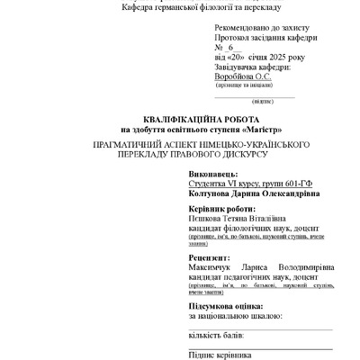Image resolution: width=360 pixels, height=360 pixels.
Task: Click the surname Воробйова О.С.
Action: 242,77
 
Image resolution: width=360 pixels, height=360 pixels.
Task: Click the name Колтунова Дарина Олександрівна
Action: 254,193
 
